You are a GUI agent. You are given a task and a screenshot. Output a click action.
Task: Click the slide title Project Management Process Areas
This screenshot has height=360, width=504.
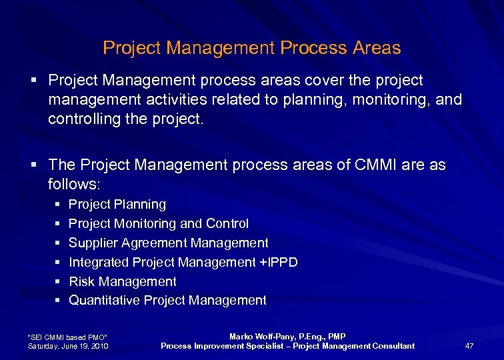click(251, 48)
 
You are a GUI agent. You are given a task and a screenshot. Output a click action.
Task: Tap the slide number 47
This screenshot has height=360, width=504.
click(469, 345)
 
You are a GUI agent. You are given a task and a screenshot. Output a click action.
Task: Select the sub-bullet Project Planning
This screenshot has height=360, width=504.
click(117, 204)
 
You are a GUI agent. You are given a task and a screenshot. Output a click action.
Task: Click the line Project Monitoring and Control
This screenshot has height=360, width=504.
click(159, 223)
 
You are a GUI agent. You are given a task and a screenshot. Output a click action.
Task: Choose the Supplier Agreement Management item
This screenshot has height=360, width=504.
click(169, 243)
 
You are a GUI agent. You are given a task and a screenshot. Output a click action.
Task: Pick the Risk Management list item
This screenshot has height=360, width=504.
click(123, 281)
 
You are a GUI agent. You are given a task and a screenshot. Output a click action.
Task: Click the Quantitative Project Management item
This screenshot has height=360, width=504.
click(167, 301)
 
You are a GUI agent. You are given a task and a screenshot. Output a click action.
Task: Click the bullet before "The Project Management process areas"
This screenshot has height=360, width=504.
click(33, 165)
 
